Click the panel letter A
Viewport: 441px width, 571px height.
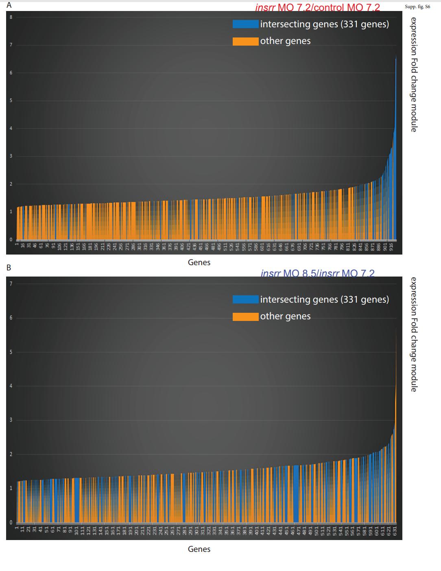click(x=9, y=5)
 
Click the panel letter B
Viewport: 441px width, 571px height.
click(x=9, y=268)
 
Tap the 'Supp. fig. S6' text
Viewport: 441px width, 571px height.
click(x=417, y=7)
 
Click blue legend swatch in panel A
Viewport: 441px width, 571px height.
click(x=245, y=24)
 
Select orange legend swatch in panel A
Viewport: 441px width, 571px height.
click(x=245, y=41)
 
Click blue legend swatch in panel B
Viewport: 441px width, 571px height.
click(x=245, y=299)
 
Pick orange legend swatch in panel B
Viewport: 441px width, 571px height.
click(x=245, y=316)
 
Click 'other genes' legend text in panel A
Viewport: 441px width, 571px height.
click(x=285, y=41)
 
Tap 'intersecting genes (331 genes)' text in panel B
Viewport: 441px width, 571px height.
click(x=324, y=299)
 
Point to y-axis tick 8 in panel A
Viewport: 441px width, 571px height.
click(x=11, y=17)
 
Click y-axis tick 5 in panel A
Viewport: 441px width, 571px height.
click(x=11, y=101)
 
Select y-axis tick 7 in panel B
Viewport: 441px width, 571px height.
click(x=11, y=283)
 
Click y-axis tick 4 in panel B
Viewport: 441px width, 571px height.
click(x=11, y=386)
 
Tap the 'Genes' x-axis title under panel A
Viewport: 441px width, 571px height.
click(x=199, y=262)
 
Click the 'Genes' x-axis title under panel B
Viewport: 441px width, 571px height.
click(x=199, y=549)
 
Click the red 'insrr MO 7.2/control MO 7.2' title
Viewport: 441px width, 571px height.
click(x=317, y=7)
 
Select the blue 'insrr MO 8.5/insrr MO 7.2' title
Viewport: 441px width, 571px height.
click(x=317, y=273)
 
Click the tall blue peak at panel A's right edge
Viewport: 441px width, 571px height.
click(x=395, y=122)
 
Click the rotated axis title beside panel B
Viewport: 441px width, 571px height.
click(x=413, y=334)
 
